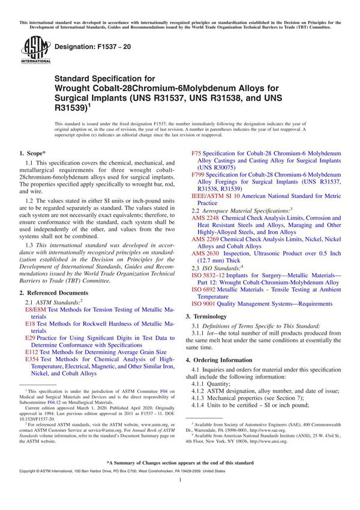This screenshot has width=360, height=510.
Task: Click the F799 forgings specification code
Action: pos(199,174)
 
